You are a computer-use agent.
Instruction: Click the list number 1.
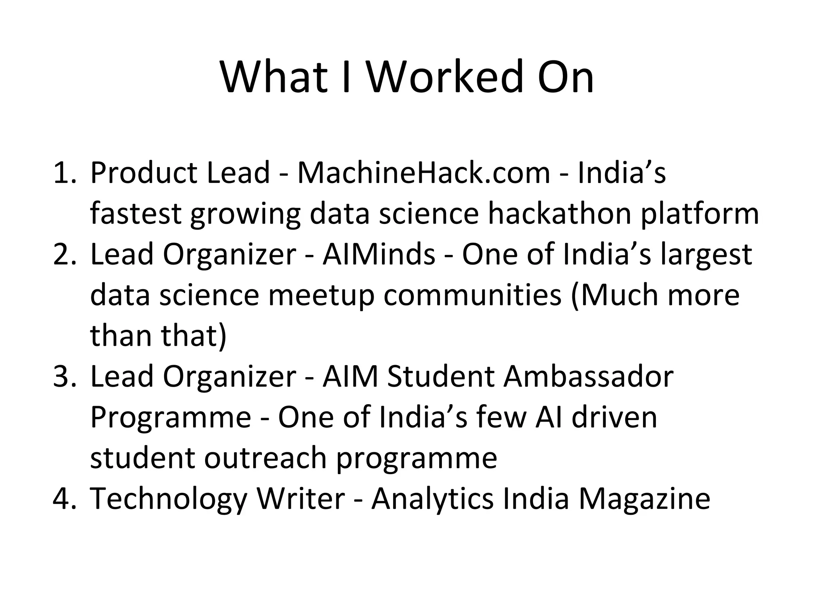64,173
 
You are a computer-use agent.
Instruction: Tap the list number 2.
64,254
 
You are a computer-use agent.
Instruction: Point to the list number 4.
64,498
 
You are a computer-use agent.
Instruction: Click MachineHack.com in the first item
423,173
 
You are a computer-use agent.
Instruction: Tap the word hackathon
559,214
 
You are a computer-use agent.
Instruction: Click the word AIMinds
379,254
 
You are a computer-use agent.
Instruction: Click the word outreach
265,458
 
